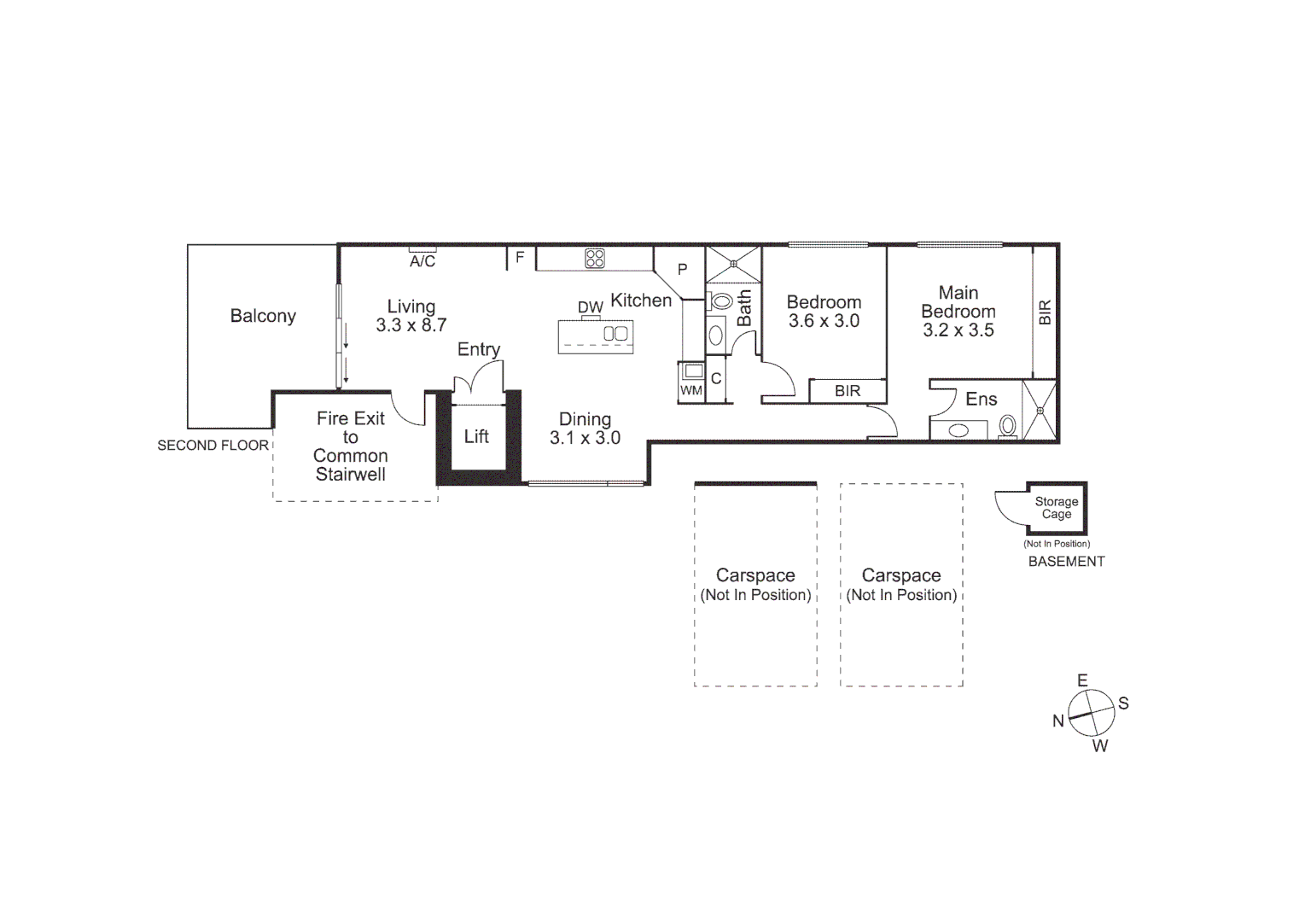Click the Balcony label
point(263,316)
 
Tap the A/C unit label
point(422,261)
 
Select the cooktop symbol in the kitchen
point(595,258)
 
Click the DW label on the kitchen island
point(590,307)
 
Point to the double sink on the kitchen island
point(615,334)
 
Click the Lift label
point(476,437)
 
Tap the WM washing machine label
point(691,391)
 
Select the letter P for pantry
point(682,270)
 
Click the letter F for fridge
point(520,257)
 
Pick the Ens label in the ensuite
point(981,399)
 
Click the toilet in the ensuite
point(1008,425)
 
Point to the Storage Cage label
point(1057,508)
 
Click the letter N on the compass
point(1058,721)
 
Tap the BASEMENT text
point(1066,562)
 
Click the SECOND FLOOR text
point(213,446)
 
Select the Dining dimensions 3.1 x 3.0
point(585,438)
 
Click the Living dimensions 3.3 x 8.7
point(411,325)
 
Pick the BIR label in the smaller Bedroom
point(848,391)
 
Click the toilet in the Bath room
point(721,301)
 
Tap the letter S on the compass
point(1123,703)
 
